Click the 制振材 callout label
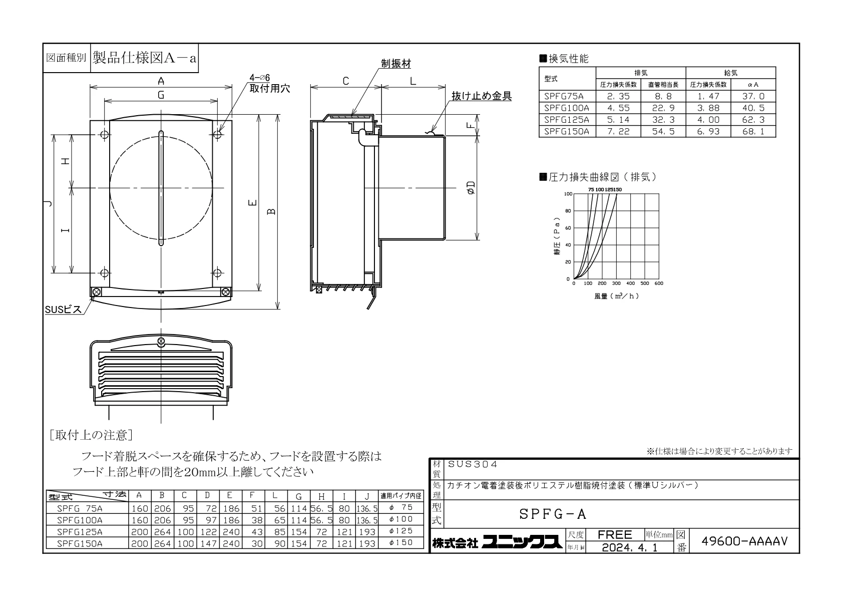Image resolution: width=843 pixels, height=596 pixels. click(x=395, y=64)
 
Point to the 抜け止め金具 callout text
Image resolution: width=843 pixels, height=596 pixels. click(x=482, y=96)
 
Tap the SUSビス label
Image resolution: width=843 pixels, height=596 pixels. click(x=63, y=310)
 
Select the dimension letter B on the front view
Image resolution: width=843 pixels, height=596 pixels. click(x=271, y=211)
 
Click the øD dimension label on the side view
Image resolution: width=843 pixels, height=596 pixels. click(x=471, y=187)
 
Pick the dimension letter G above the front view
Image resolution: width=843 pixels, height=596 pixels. click(x=161, y=95)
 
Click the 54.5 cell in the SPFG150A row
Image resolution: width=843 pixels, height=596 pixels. click(x=663, y=131)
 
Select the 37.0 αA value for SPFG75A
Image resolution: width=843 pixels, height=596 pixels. click(x=753, y=96)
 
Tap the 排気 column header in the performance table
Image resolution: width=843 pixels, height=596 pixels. click(x=641, y=73)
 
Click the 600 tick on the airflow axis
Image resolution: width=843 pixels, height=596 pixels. click(x=659, y=283)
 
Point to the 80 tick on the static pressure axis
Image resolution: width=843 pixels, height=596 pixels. click(x=568, y=211)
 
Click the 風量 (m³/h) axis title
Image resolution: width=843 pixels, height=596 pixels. click(x=616, y=296)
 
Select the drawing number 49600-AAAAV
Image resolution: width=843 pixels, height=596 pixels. click(x=744, y=541)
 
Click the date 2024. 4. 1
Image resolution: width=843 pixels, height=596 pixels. click(x=629, y=547)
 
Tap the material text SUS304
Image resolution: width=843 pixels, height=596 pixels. click(x=473, y=464)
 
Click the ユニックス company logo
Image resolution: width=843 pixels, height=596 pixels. click(x=522, y=542)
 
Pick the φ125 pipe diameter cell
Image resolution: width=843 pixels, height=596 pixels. click(x=401, y=531)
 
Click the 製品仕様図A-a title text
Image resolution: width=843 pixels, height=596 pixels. click(x=145, y=58)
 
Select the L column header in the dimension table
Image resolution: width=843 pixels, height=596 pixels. click(x=275, y=495)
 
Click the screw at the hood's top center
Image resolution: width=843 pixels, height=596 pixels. click(x=161, y=342)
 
